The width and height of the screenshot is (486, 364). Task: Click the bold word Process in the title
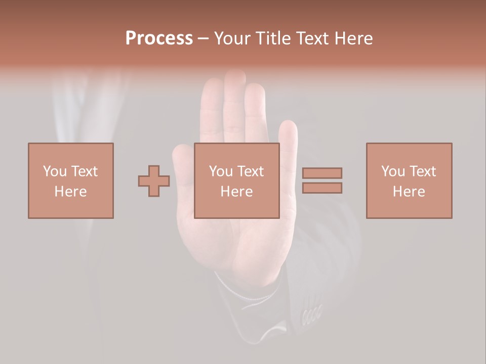159,38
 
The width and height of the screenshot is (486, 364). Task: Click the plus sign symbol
154,181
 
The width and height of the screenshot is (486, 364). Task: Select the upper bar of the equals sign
322,173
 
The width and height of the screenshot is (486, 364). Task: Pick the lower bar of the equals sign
322,188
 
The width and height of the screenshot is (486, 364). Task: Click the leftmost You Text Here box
70,180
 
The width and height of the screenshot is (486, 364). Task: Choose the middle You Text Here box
236,180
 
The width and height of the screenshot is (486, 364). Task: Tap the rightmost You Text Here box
409,180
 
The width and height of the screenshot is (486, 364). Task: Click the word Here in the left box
70,192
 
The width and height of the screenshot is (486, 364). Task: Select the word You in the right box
393,171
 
